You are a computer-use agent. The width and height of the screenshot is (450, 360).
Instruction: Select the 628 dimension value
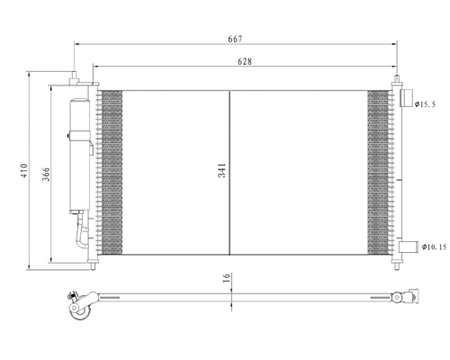pos(244,61)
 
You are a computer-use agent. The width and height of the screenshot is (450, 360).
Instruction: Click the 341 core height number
pos(221,170)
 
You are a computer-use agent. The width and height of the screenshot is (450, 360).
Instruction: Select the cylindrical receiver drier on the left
pos(77,148)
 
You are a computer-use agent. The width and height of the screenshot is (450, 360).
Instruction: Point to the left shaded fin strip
pos(111,170)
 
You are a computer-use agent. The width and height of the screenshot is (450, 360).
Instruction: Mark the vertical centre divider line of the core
pos(230,170)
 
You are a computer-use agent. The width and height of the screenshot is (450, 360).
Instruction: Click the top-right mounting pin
pos(395,83)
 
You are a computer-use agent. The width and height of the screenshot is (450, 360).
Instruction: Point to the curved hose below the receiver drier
pos(82,236)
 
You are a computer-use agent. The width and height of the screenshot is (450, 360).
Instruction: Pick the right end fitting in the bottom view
pos(408,295)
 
